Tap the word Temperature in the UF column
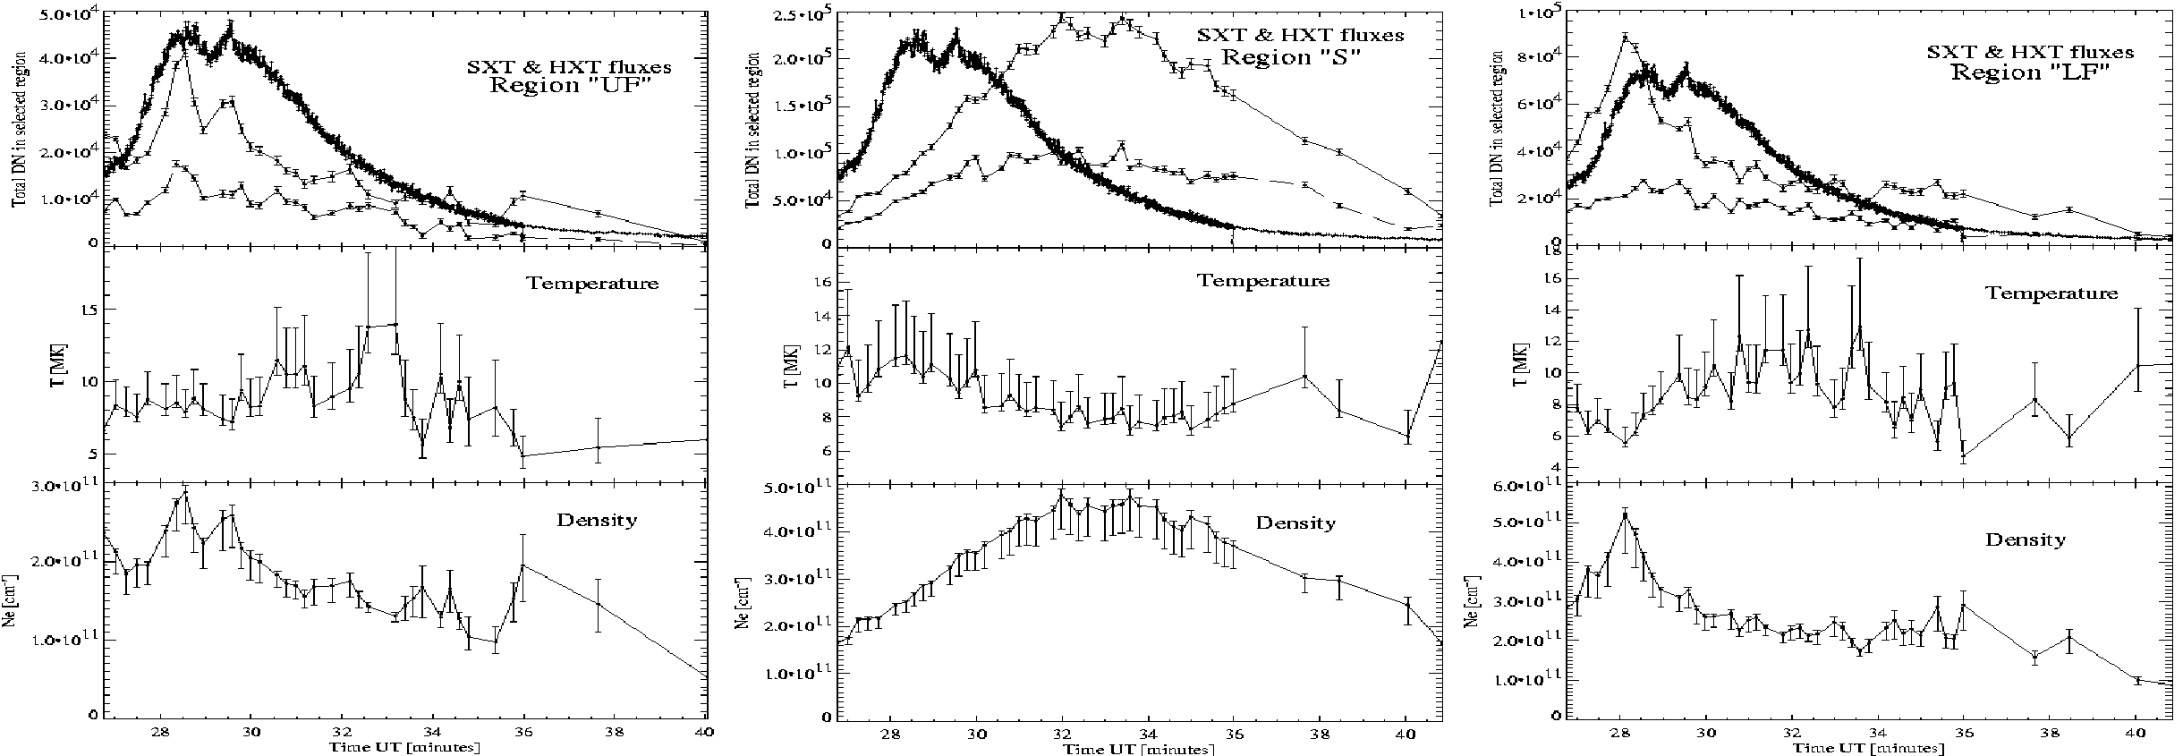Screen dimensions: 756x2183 pyautogui.click(x=592, y=284)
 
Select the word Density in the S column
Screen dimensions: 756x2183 pyautogui.click(x=1295, y=523)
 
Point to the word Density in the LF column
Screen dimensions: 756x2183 pyautogui.click(x=2026, y=539)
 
